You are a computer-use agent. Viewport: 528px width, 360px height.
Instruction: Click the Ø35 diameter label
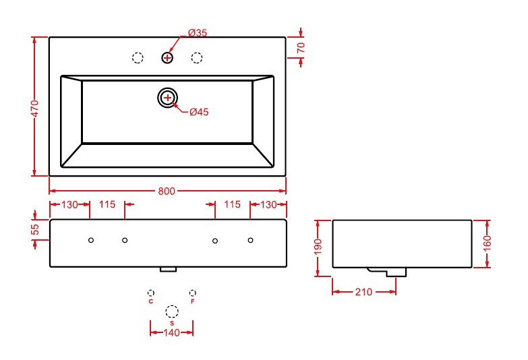(198, 32)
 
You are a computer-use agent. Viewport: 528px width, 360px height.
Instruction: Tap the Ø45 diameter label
(199, 112)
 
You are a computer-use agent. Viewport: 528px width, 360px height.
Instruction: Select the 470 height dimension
(35, 108)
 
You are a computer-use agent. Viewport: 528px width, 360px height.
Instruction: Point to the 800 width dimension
(167, 191)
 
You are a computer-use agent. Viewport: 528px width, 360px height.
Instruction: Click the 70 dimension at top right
(301, 47)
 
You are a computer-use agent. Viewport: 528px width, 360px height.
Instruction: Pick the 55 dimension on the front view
(35, 229)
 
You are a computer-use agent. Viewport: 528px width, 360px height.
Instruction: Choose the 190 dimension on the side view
(318, 247)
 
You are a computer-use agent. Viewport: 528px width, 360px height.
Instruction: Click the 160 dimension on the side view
(488, 243)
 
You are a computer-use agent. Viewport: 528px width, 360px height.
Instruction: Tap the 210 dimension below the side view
(363, 292)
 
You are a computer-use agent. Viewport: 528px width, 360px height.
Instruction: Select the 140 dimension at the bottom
(171, 333)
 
